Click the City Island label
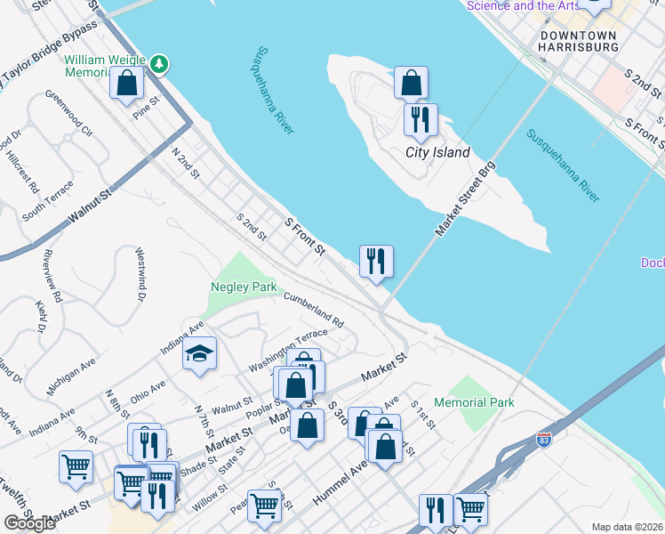[x=437, y=152]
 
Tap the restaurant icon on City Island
[x=421, y=118]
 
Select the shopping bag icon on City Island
[x=411, y=83]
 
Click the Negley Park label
[x=244, y=287]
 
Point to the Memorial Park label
[x=476, y=402]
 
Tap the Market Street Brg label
[x=465, y=198]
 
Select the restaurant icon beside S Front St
[x=376, y=261]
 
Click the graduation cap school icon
[x=200, y=353]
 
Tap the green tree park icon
[x=159, y=63]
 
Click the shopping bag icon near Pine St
[x=127, y=83]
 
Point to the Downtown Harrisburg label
[x=579, y=41]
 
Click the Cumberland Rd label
[x=313, y=309]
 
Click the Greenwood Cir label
[x=69, y=113]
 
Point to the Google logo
[x=30, y=523]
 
